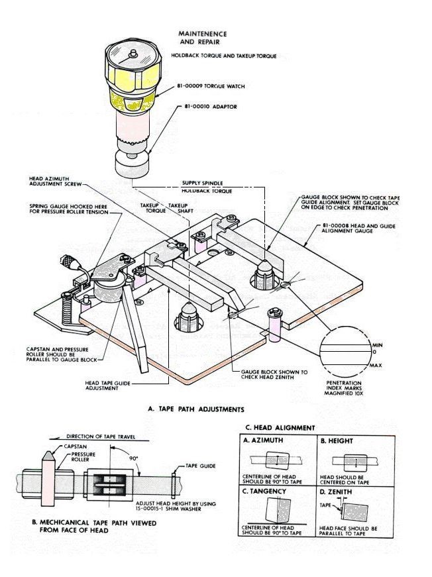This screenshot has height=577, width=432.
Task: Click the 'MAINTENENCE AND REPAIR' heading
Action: click(203, 38)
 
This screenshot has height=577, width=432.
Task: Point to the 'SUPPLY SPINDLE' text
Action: click(203, 183)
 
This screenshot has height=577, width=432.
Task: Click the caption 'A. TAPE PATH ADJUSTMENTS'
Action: click(195, 409)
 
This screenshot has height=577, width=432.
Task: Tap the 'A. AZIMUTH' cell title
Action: click(265, 441)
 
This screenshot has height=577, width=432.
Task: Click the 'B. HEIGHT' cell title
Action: click(337, 441)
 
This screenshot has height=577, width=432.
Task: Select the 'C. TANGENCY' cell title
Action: click(267, 493)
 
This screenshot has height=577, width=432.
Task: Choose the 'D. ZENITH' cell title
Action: click(337, 493)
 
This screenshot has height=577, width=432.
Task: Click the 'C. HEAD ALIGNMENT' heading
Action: click(280, 427)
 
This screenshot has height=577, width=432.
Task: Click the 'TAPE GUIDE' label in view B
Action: click(200, 466)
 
